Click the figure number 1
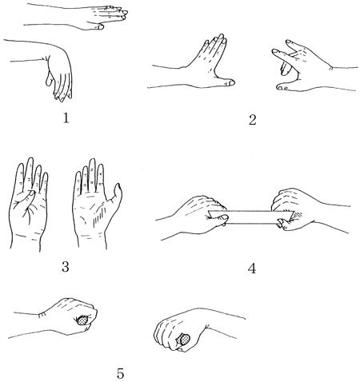[66, 117]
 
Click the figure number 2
[252, 120]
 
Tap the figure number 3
[66, 267]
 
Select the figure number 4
[252, 269]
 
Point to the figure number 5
[120, 373]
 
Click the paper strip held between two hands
[252, 217]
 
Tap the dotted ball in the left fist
[83, 320]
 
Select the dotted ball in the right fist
[184, 340]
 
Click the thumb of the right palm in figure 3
[115, 197]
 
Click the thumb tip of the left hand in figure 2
[231, 82]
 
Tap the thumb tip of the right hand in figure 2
[281, 87]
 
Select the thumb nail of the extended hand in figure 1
[100, 26]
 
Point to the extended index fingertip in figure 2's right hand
[274, 51]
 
